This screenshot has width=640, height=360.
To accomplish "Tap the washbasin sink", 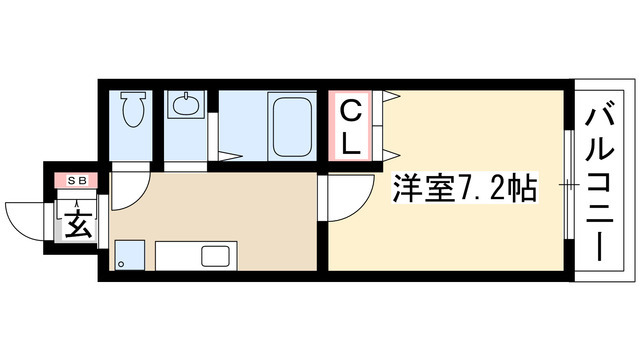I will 185,104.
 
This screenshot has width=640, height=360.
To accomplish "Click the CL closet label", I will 350,124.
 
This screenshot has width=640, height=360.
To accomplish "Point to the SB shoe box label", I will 77,181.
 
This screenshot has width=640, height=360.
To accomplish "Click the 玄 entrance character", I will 78,221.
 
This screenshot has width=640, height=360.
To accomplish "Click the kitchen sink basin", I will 217,255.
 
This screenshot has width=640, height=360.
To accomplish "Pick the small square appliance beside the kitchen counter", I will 126,256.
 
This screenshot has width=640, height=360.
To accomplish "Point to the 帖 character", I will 521,187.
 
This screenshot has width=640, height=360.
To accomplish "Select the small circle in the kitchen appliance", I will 121,265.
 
